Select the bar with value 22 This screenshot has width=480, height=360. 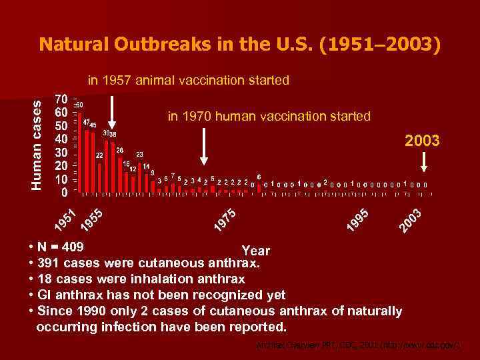pos(99,177)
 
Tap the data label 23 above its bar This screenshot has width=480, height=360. pos(140,154)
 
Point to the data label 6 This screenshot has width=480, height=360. pos(259,177)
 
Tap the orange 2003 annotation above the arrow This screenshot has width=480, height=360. pos(423,141)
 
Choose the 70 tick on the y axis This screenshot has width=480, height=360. pos(60,99)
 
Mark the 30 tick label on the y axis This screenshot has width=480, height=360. pos(60,153)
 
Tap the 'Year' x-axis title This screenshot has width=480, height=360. pos(255,251)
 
